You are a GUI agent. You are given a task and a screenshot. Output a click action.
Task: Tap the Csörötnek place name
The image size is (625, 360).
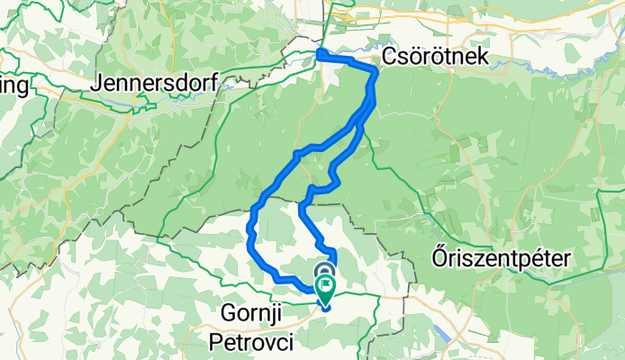436,57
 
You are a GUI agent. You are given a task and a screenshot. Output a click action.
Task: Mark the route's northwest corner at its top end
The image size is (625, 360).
321,55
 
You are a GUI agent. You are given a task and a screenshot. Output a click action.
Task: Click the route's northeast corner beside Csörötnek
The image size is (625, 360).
374,71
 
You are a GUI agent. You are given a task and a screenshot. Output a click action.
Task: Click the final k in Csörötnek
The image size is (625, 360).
483,57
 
